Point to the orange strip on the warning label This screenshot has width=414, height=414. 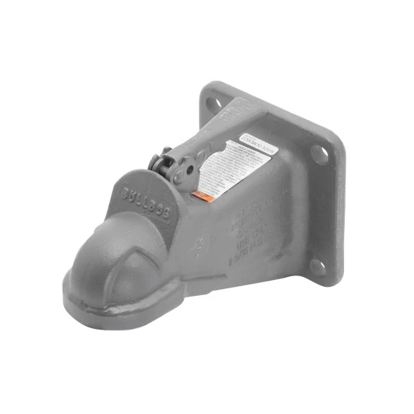pyautogui.click(x=200, y=195)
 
